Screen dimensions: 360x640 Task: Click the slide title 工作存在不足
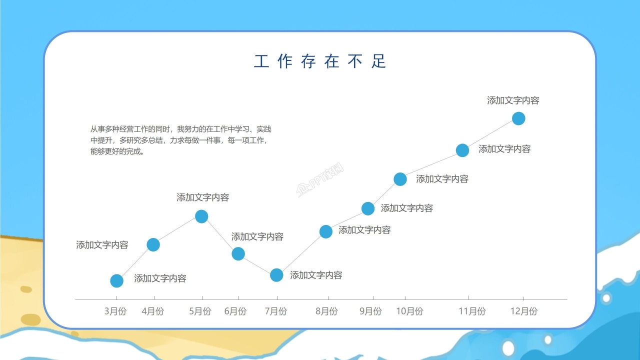point(320,61)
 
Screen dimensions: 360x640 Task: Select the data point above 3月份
point(116,281)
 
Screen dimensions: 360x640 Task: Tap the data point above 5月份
point(201,216)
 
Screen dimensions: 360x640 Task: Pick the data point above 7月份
point(276,275)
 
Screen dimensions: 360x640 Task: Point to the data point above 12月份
point(518,118)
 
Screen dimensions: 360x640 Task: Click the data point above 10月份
point(400,179)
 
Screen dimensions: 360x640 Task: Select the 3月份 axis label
point(115,311)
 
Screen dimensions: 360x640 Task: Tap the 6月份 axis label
point(235,311)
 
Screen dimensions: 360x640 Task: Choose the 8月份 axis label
point(326,311)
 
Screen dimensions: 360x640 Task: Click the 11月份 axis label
point(472,311)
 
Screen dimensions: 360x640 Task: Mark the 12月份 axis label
point(523,311)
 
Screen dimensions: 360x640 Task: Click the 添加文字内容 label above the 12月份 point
point(513,100)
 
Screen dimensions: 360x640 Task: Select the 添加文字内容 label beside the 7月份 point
point(316,275)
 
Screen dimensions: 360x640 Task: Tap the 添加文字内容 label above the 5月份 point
point(202,197)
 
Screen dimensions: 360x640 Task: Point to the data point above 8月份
point(326,231)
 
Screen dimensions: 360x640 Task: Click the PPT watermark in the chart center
point(320,181)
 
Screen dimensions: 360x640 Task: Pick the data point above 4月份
point(153,244)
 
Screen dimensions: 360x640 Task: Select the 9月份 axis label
point(370,311)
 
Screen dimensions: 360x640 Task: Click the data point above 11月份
point(462,150)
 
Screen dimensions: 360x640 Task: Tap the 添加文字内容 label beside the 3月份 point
point(160,278)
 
